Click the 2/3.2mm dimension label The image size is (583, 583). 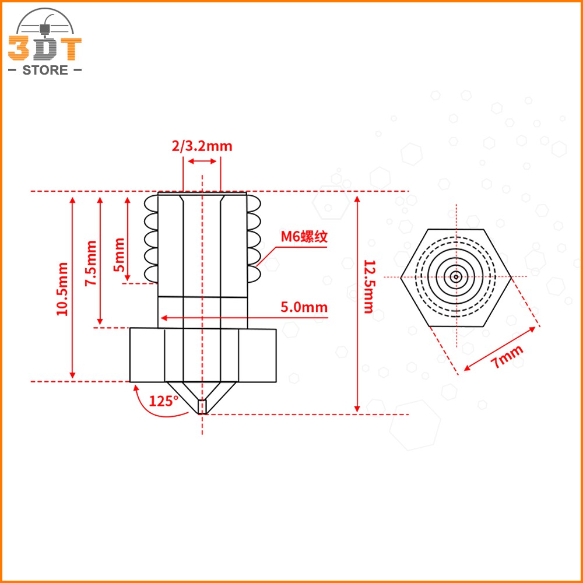[202, 146]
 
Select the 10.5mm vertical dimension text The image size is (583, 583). [62, 289]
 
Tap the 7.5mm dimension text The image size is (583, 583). [91, 263]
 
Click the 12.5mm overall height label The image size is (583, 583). [368, 286]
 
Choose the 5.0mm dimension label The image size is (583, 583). [304, 307]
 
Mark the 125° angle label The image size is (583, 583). [163, 401]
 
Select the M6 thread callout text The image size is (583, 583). [304, 237]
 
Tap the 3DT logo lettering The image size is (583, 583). [45, 50]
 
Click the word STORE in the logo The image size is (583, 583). [45, 71]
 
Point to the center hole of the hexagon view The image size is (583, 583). [455, 276]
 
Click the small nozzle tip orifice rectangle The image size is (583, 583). [202, 406]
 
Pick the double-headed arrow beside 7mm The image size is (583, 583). [500, 349]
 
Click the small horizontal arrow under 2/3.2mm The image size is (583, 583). [202, 161]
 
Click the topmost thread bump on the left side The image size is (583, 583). [150, 203]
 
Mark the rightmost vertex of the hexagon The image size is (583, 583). [511, 276]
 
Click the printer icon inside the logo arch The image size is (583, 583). [45, 27]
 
